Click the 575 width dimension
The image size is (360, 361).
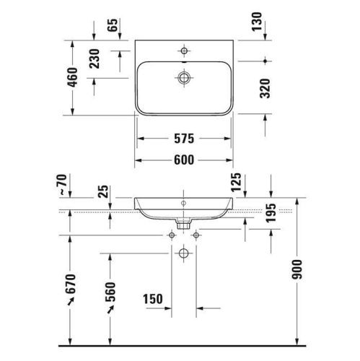coord(185,137)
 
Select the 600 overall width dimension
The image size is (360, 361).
coord(185,161)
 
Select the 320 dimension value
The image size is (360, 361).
coord(266,90)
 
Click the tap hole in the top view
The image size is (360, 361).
coord(185,51)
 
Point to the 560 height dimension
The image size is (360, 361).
coord(110,290)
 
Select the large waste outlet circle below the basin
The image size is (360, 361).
coord(184,253)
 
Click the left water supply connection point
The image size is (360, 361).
coord(171,235)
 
